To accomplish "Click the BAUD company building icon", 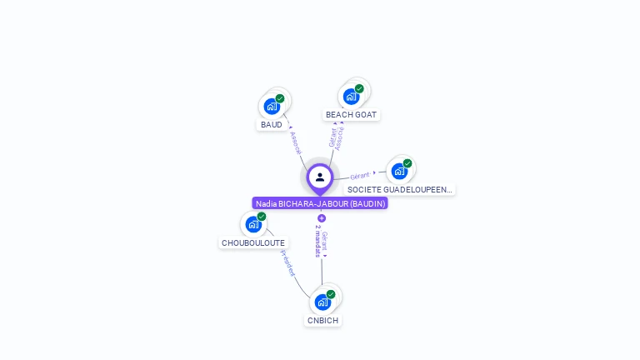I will [271, 107].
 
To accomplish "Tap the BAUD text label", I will [272, 125].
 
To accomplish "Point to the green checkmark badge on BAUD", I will [280, 98].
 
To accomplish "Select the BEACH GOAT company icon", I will [351, 97].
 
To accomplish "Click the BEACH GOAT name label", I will [351, 115].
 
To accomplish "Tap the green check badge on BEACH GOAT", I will [359, 88].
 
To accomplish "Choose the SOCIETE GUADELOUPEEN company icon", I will [399, 172].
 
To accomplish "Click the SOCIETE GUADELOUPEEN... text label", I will [400, 190].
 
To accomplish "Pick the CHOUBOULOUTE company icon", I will [252, 225].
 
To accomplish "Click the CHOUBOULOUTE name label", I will [253, 243].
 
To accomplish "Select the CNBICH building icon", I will [322, 302].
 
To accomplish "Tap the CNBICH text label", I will [323, 320].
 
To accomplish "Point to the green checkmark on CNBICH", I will [331, 294].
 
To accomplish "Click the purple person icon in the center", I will [320, 177].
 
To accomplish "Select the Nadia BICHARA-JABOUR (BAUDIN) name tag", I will [320, 203].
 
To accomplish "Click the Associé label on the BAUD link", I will [295, 142].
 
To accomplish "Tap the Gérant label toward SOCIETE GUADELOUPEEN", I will [360, 176].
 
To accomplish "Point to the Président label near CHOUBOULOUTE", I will [287, 262].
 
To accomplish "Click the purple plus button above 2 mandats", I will [322, 218].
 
